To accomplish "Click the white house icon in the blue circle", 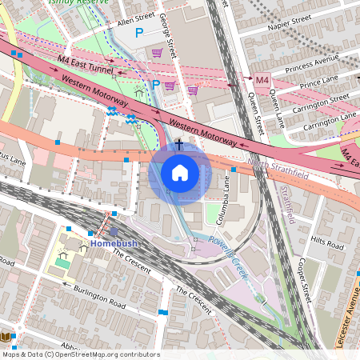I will pos(180,172).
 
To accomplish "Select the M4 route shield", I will pos(262,80).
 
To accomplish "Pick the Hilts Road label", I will pos(327,239).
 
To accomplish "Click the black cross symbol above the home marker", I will pos(179,145).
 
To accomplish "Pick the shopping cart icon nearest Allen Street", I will pos(158,53).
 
